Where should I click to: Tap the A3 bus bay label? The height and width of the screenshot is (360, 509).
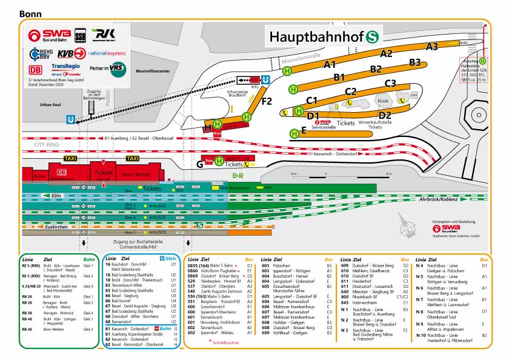coord(431,46)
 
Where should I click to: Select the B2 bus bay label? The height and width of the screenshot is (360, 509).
coord(376,69)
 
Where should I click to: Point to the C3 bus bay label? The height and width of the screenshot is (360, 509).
coord(390,84)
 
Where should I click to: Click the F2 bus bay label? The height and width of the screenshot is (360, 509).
coord(267,101)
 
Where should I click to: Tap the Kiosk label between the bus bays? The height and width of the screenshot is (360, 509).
coord(382,101)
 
